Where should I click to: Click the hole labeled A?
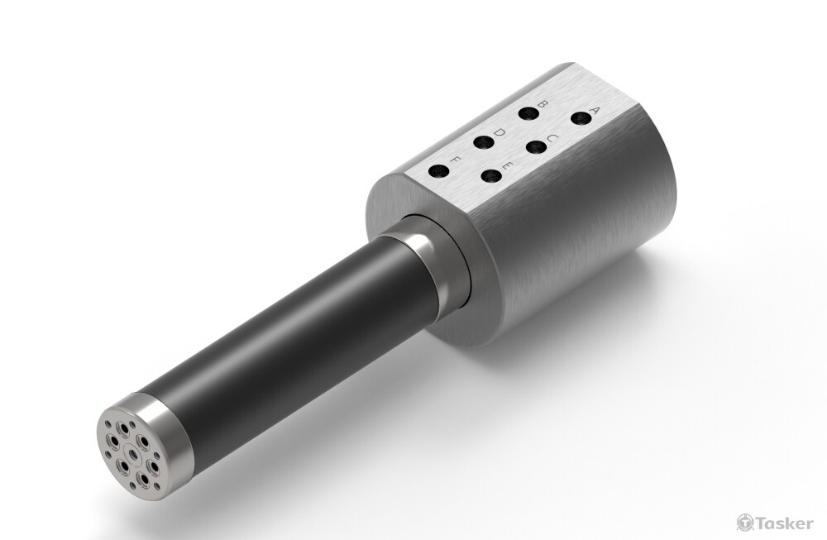tap(581, 118)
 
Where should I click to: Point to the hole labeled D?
tap(483, 142)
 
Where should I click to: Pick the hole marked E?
tap(491, 176)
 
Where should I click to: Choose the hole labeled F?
tap(439, 171)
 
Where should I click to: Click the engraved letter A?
tap(595, 112)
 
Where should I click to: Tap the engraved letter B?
tap(541, 105)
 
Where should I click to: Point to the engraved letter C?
tap(551, 139)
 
